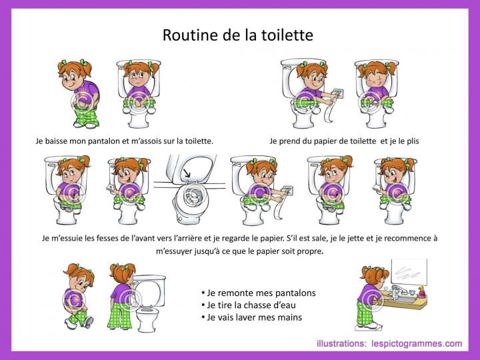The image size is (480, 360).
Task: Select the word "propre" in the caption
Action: (x=308, y=251)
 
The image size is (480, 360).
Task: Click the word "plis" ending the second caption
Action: (x=411, y=141)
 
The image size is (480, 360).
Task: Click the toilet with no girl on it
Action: (x=189, y=190)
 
